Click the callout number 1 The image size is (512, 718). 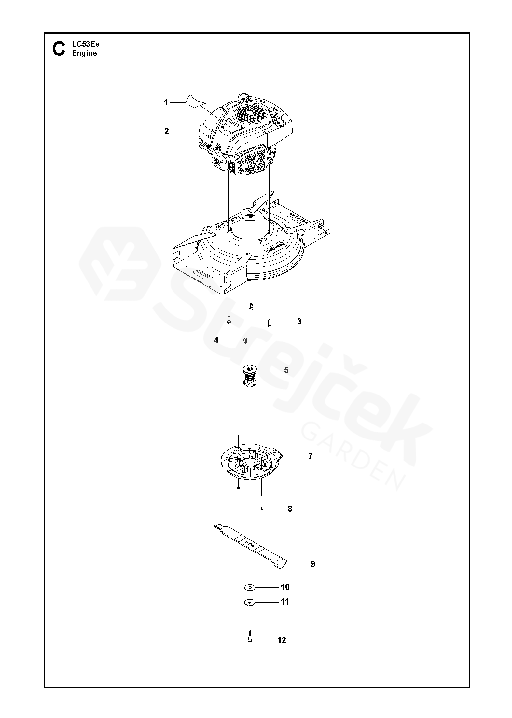click(166, 103)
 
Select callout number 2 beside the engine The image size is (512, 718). click(167, 131)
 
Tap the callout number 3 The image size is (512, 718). click(299, 322)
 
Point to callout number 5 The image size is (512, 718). click(286, 370)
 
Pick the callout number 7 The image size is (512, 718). click(310, 456)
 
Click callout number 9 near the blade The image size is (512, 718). click(313, 564)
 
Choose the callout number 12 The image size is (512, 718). click(282, 649)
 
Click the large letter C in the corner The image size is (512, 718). click(59, 49)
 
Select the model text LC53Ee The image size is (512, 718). click(86, 45)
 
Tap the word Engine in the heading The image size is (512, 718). click(85, 53)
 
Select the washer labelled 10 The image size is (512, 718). click(250, 587)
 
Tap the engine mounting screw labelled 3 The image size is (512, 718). click(269, 323)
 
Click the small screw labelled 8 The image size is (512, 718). click(261, 509)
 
